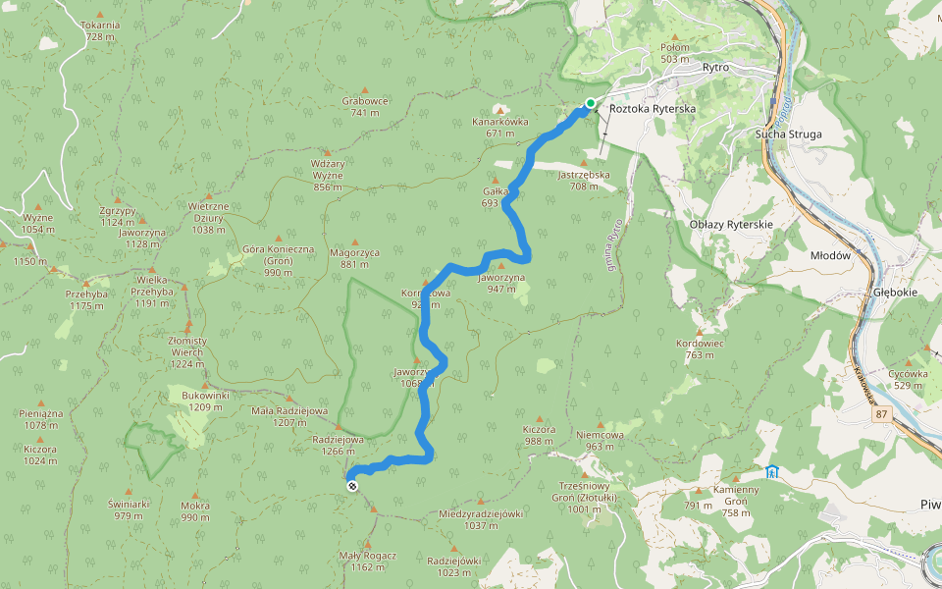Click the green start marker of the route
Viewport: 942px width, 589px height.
[x=591, y=103]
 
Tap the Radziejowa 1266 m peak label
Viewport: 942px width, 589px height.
[x=338, y=446]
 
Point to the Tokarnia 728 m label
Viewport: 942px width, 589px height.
[x=100, y=30]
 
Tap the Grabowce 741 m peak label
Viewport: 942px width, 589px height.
[x=366, y=106]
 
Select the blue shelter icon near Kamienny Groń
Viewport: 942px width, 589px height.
[x=772, y=472]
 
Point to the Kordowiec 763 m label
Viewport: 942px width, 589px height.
[x=700, y=349]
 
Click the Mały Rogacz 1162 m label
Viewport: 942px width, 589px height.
[x=368, y=561]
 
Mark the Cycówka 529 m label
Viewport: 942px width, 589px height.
[x=908, y=379]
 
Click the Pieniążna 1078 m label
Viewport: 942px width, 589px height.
[x=41, y=419]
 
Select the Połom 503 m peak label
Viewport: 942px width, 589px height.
[x=675, y=53]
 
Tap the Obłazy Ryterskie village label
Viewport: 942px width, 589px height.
[x=731, y=225]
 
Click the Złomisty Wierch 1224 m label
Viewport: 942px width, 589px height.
[x=186, y=346]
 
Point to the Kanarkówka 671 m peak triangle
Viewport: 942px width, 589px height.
[x=500, y=109]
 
